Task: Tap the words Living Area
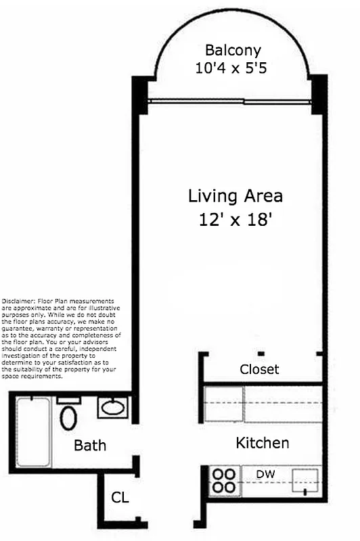pyautogui.click(x=235, y=197)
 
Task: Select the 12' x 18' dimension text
pyautogui.click(x=235, y=220)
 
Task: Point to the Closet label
pyautogui.click(x=259, y=370)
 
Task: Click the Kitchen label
pyautogui.click(x=262, y=444)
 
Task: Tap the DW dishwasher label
pyautogui.click(x=265, y=474)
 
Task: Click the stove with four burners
pyautogui.click(x=223, y=480)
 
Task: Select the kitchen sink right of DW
pyautogui.click(x=304, y=481)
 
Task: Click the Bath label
pyautogui.click(x=90, y=446)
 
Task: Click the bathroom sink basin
pyautogui.click(x=111, y=408)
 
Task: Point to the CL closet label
pyautogui.click(x=120, y=498)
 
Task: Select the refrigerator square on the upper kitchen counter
pyautogui.click(x=224, y=404)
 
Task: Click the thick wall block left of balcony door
pyautogui.click(x=139, y=95)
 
